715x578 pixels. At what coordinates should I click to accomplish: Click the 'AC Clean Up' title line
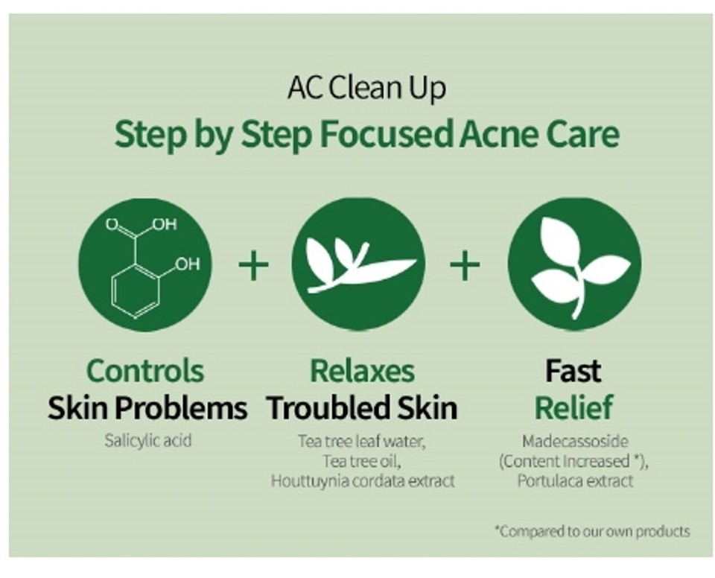pos(366,89)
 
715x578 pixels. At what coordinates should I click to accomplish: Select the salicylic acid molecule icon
pos(145,264)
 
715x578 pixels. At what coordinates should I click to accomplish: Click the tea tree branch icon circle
pos(358,264)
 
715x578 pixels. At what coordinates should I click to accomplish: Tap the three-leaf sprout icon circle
pos(573,264)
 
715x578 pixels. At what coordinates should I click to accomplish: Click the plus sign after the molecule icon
pos(253,265)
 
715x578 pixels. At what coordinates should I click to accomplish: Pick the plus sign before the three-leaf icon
pos(465,265)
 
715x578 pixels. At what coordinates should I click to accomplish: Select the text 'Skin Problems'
pos(147,407)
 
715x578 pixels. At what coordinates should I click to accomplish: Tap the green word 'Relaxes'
pos(362,370)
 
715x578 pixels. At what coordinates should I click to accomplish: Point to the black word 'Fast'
pos(573,370)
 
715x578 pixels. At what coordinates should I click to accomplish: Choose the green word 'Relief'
pos(573,407)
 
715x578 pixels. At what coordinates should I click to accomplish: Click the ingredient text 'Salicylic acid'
pos(147,440)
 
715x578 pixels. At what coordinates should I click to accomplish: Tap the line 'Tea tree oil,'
pos(362,461)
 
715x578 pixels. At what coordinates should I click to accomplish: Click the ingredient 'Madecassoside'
pos(573,441)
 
